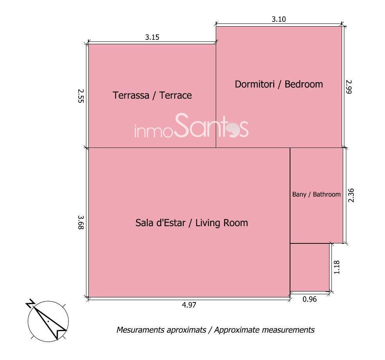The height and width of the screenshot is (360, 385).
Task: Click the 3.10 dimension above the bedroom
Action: coord(279,19)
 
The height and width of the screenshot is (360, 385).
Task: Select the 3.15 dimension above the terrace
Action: coord(152,37)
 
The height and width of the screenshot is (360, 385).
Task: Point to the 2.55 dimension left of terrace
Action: coord(81,96)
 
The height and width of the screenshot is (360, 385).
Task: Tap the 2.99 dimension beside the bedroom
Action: coord(349,87)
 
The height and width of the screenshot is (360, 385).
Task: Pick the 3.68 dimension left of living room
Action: coord(81,222)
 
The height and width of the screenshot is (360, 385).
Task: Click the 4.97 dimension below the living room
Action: coord(189,305)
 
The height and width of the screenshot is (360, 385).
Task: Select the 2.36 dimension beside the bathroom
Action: coord(351,195)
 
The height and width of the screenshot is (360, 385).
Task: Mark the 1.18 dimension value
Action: coord(337,267)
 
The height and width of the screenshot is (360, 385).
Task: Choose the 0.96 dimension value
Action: coord(310,299)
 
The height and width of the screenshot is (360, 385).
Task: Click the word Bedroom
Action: coord(304,84)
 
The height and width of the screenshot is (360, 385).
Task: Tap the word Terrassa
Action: coord(131,95)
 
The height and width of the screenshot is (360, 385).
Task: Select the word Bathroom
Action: coord(327,194)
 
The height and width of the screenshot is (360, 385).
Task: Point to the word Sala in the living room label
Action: coord(144,223)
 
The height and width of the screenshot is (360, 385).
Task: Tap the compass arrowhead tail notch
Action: coord(57,331)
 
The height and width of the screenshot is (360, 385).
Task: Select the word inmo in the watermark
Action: coord(154,131)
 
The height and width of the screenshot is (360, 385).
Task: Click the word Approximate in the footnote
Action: coord(236,330)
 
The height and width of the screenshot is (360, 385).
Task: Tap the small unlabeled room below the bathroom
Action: coord(310,267)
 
